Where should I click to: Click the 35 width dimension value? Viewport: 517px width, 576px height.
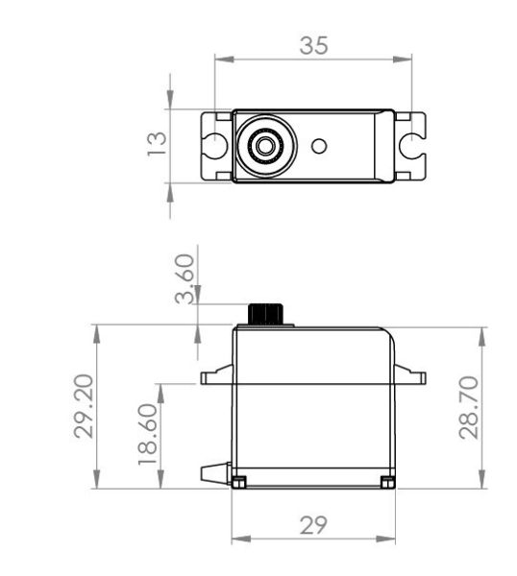(313, 45)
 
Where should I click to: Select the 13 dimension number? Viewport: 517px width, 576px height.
(157, 144)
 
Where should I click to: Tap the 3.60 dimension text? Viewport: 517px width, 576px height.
(185, 278)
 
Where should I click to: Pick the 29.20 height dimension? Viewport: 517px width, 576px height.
(84, 406)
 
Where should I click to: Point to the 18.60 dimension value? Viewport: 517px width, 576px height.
(148, 434)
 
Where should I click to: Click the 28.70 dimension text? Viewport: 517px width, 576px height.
(469, 408)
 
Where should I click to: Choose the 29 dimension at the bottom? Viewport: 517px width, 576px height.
(313, 525)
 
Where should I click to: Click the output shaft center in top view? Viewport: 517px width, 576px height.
(264, 146)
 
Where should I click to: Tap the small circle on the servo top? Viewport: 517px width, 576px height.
(319, 146)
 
